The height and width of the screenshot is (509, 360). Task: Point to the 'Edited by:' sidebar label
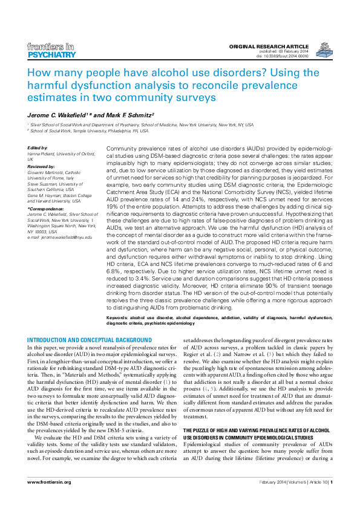click(38, 148)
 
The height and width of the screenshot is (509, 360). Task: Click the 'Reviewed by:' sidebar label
click(42, 166)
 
